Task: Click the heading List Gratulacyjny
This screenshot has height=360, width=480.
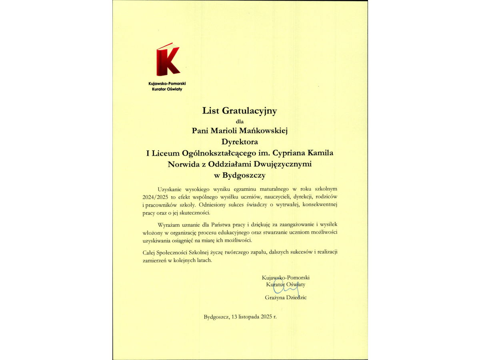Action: point(240,111)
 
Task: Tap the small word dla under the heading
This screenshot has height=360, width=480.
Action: point(240,121)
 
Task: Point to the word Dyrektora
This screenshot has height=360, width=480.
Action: point(240,141)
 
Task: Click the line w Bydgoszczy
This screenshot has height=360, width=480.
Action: point(240,175)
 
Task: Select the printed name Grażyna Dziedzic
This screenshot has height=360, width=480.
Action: point(286,298)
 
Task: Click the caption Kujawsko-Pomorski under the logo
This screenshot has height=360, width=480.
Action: point(167,84)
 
